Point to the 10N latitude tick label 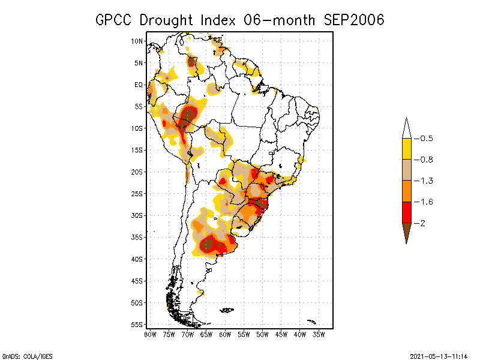[137, 41]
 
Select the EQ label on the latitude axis [139, 85]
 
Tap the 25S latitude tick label [137, 193]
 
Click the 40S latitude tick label [137, 259]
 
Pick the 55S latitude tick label [137, 324]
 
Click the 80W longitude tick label [150, 334]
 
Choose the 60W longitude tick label [225, 334]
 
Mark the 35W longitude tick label [319, 334]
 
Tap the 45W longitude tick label [281, 334]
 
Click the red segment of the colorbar [407, 212]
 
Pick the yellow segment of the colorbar [407, 149]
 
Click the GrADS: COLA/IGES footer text [22, 355]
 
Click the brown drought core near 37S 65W [208, 244]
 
